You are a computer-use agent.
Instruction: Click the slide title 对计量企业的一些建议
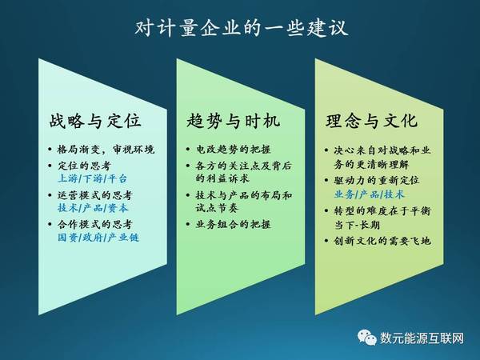(242, 28)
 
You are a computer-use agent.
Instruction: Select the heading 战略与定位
(95, 120)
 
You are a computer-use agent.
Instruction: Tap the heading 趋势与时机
(234, 120)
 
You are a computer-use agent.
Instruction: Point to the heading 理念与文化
(372, 120)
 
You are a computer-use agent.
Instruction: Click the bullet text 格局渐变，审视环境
(106, 150)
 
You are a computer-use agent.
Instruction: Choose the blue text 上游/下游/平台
(92, 178)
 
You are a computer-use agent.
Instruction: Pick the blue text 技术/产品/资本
(93, 208)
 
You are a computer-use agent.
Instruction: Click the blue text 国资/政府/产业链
(98, 238)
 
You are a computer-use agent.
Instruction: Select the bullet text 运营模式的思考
(95, 195)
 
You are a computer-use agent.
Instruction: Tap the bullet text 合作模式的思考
(95, 224)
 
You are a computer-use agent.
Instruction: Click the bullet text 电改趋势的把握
(234, 150)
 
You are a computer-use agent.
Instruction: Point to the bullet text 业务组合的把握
(234, 224)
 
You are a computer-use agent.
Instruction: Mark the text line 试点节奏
(217, 208)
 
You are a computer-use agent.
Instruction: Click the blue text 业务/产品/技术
(369, 194)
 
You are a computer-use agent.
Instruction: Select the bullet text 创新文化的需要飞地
(382, 241)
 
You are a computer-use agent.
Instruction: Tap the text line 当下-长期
(357, 225)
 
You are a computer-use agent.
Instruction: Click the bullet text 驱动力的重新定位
(377, 180)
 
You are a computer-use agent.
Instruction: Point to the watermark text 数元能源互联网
(422, 338)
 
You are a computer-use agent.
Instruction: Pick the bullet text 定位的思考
(84, 166)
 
